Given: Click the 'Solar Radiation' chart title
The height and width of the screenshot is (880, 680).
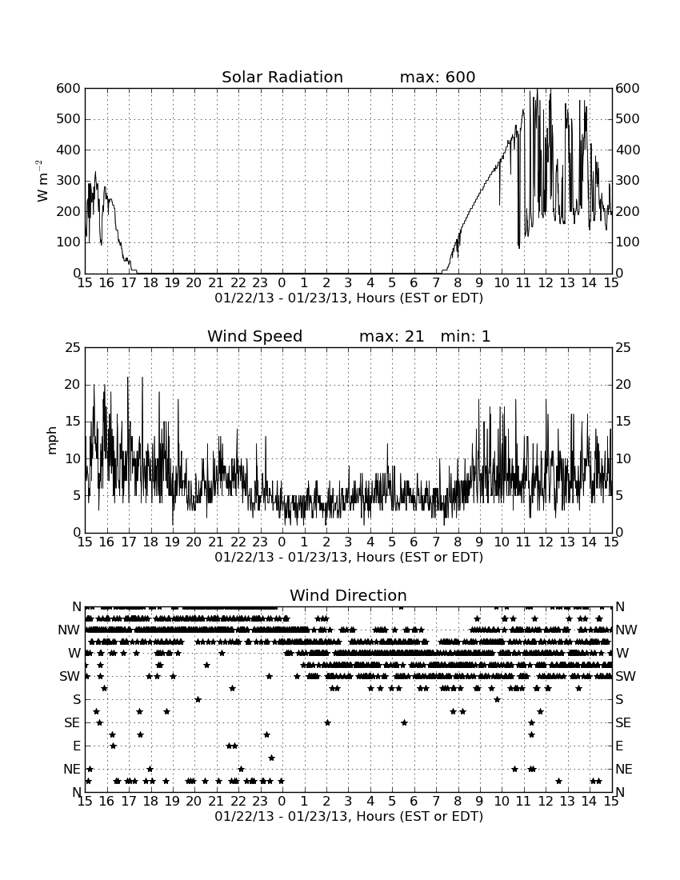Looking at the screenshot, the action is click(282, 77).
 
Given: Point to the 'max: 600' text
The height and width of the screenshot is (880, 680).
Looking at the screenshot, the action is click(438, 77).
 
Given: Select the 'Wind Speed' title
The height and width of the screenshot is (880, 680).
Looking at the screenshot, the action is click(254, 336).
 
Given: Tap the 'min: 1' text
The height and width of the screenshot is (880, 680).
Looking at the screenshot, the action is click(465, 336).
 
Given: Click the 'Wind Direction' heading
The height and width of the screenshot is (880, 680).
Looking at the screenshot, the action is click(349, 595).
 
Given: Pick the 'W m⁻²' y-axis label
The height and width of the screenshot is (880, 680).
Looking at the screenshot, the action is click(42, 181).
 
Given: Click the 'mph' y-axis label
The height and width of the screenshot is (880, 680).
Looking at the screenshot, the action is click(52, 440).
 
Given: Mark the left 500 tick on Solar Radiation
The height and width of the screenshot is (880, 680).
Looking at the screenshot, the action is click(69, 119).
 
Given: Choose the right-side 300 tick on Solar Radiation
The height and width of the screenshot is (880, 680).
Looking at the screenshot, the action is click(628, 181).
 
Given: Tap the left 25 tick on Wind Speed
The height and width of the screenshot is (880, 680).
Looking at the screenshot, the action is click(74, 348).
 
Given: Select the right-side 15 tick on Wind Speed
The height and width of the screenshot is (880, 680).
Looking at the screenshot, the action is click(623, 422).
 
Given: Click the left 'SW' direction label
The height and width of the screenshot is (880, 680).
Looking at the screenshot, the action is click(70, 676).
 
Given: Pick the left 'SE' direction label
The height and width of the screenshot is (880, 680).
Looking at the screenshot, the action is click(72, 723).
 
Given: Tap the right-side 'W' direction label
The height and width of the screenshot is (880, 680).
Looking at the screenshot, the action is click(622, 654).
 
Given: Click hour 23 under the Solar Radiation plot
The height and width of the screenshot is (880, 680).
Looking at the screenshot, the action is click(260, 283).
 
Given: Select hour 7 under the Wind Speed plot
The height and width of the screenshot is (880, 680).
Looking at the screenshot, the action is click(436, 542).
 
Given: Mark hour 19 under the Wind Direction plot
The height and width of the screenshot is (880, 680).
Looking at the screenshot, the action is click(172, 802).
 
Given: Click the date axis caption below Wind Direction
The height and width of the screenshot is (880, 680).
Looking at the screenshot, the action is click(349, 816).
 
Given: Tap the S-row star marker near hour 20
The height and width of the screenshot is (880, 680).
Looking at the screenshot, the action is click(198, 699).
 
